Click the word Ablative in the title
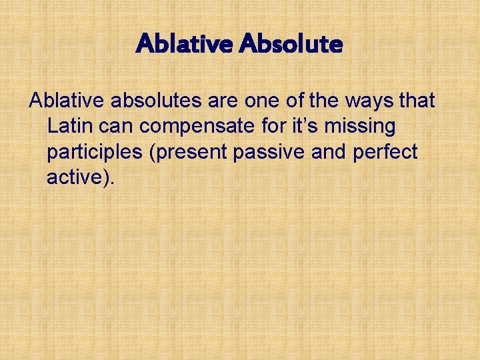pyautogui.click(x=184, y=45)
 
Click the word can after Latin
pyautogui.click(x=118, y=127)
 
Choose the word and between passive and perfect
pyautogui.click(x=328, y=151)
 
